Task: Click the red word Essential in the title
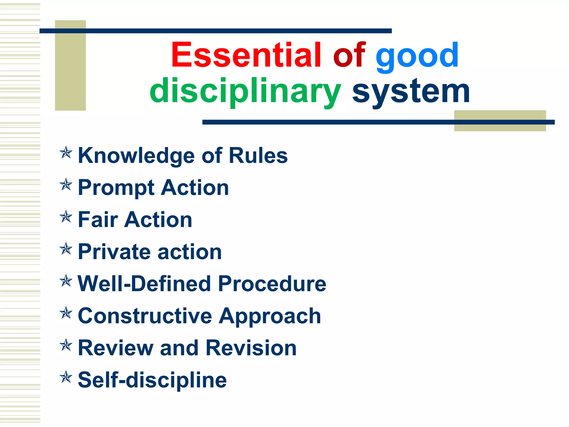[x=246, y=55]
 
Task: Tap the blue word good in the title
[x=417, y=56]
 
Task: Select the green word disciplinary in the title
[x=245, y=91]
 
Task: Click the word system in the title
[x=411, y=91]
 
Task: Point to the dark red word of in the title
[x=349, y=55]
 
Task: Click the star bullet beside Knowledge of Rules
[x=66, y=153]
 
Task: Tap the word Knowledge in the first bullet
[x=136, y=156]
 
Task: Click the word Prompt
[x=116, y=188]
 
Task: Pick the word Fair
[x=98, y=220]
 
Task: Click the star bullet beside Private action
[x=66, y=249]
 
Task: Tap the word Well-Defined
[x=144, y=284]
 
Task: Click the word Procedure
[x=272, y=284]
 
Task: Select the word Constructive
[x=145, y=316]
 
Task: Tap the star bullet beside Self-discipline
[x=66, y=377]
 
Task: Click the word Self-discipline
[x=152, y=380]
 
